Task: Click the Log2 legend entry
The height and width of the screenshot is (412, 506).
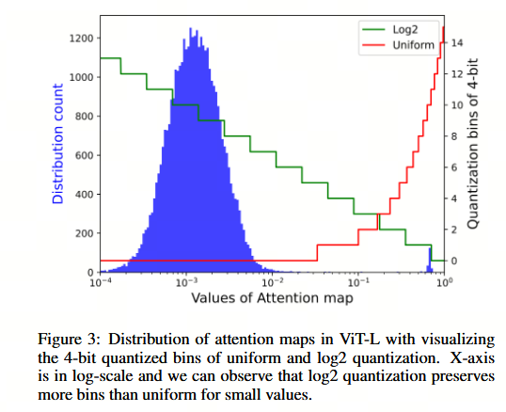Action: pos(389,29)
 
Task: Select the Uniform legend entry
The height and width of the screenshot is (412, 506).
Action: pos(398,45)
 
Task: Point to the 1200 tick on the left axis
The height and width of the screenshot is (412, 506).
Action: pos(81,39)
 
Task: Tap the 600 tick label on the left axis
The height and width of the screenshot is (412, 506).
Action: pos(84,155)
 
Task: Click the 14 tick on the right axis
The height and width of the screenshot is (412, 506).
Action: pos(457,42)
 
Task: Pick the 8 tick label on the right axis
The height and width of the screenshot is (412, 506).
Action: pos(453,136)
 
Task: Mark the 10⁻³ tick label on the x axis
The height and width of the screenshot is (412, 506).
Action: pos(186,282)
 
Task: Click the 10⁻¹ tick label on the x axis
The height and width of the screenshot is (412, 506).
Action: pos(358,282)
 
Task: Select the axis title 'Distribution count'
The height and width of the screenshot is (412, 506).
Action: pos(57,144)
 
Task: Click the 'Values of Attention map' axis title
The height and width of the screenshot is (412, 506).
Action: pos(272,298)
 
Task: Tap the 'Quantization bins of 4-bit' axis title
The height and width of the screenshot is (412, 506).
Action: pos(472,144)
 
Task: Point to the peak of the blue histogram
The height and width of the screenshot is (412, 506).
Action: pos(190,28)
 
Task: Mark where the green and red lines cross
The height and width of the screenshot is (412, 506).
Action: pos(378,214)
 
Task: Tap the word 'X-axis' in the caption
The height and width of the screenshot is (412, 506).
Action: pos(472,357)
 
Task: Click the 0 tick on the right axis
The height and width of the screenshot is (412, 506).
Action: pos(453,261)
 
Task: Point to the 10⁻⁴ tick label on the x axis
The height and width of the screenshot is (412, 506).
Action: pos(101,282)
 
